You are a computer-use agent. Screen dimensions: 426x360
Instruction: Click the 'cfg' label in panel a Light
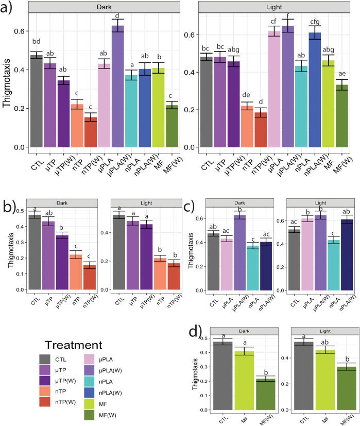pos(315,22)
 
